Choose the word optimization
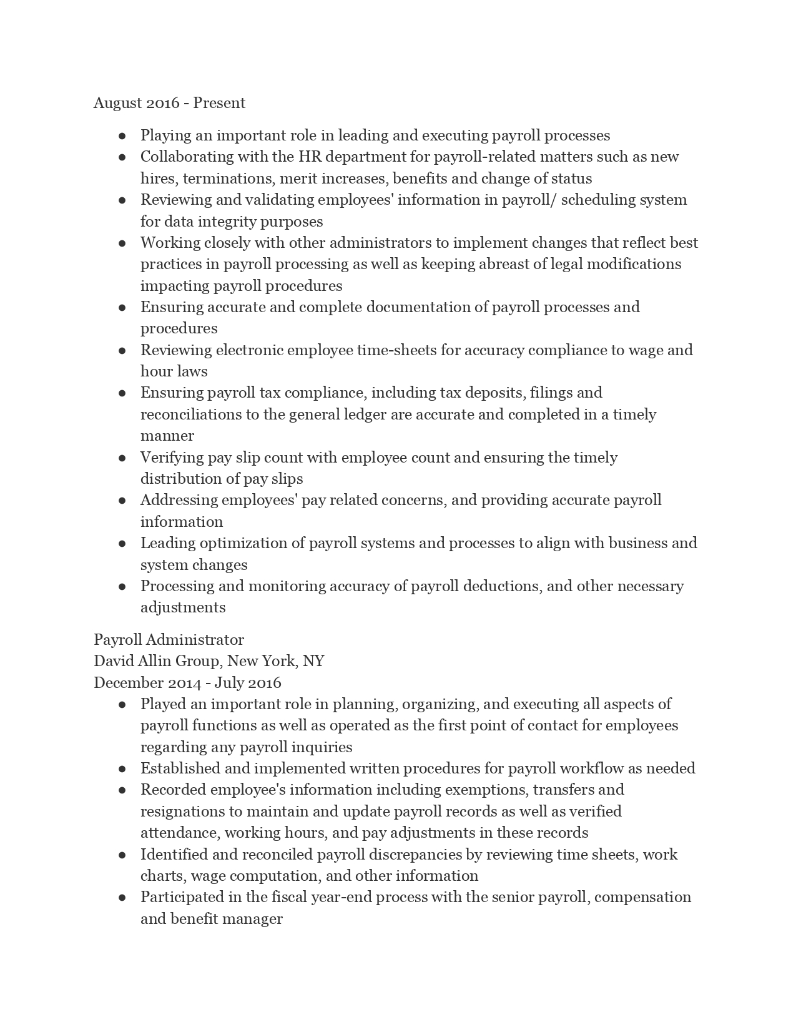click(252, 543)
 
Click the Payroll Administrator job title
click(169, 640)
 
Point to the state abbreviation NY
click(313, 661)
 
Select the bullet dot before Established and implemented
click(122, 769)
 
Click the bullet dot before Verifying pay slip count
click(122, 458)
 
